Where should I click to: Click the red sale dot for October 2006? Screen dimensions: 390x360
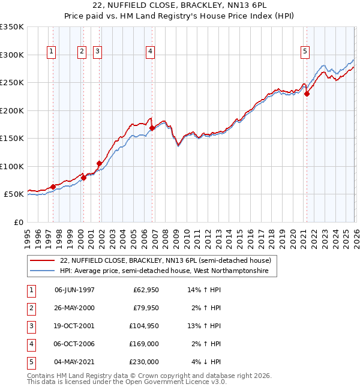click(x=152, y=128)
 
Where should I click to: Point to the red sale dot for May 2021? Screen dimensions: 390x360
click(x=307, y=94)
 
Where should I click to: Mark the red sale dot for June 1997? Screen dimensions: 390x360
click(x=53, y=187)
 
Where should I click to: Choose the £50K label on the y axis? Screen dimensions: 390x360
click(x=14, y=194)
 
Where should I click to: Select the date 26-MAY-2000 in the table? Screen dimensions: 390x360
click(x=74, y=308)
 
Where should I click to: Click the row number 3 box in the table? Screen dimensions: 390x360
click(x=31, y=326)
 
